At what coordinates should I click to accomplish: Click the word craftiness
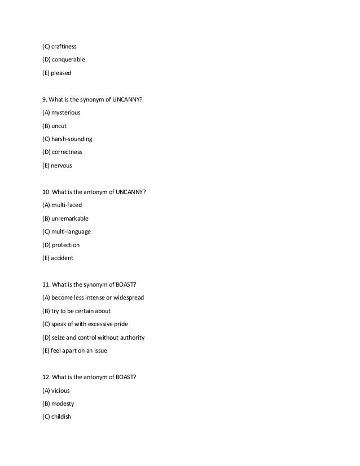tap(64, 46)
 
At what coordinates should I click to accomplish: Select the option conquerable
tap(68, 59)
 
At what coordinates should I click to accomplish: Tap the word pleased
tap(61, 73)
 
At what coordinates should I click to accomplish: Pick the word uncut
tap(59, 126)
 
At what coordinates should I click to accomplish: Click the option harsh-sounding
tap(72, 139)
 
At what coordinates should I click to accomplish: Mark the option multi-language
tap(71, 231)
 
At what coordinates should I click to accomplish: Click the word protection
tap(65, 245)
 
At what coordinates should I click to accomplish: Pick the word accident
tap(63, 258)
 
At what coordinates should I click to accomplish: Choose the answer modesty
tap(63, 404)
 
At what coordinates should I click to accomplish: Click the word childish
tap(61, 417)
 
